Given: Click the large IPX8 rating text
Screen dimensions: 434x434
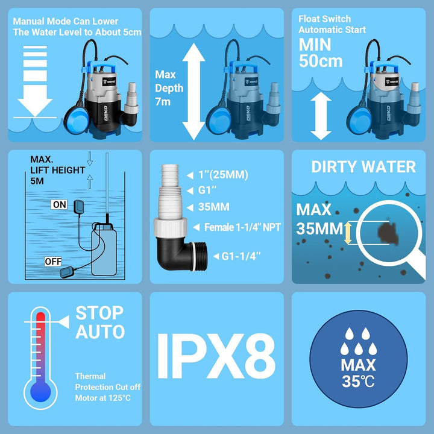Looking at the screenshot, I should pyautogui.click(x=216, y=360).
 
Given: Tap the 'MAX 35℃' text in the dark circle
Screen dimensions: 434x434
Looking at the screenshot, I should pyautogui.click(x=358, y=372).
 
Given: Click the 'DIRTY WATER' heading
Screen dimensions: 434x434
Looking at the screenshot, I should pyautogui.click(x=363, y=167).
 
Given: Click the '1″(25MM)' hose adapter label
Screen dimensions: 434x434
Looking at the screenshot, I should pyautogui.click(x=223, y=175).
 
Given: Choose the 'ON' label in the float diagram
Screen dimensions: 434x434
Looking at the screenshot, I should pyautogui.click(x=60, y=205).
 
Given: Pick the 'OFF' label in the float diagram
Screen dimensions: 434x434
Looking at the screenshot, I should pyautogui.click(x=53, y=262).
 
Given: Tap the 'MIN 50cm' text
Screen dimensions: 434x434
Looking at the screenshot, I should pyautogui.click(x=321, y=53).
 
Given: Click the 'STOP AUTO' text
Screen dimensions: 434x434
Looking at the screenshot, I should pyautogui.click(x=99, y=322).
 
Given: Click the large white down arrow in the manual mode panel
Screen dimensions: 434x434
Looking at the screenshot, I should pyautogui.click(x=34, y=84).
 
